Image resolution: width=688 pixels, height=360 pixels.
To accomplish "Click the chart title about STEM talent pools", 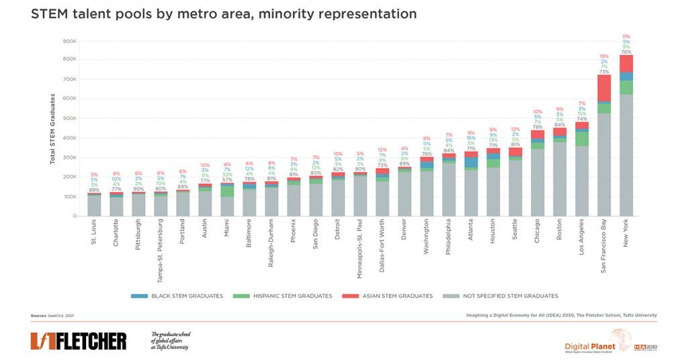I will click(223, 14).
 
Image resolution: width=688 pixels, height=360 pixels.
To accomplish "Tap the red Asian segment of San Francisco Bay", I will click(604, 88).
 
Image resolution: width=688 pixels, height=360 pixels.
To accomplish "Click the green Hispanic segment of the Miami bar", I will click(227, 191).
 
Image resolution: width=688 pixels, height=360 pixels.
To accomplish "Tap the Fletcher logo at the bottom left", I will click(78, 341).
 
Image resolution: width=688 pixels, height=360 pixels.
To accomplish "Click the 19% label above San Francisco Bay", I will click(604, 56).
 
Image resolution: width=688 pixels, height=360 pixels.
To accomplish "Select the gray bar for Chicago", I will click(537, 182).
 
